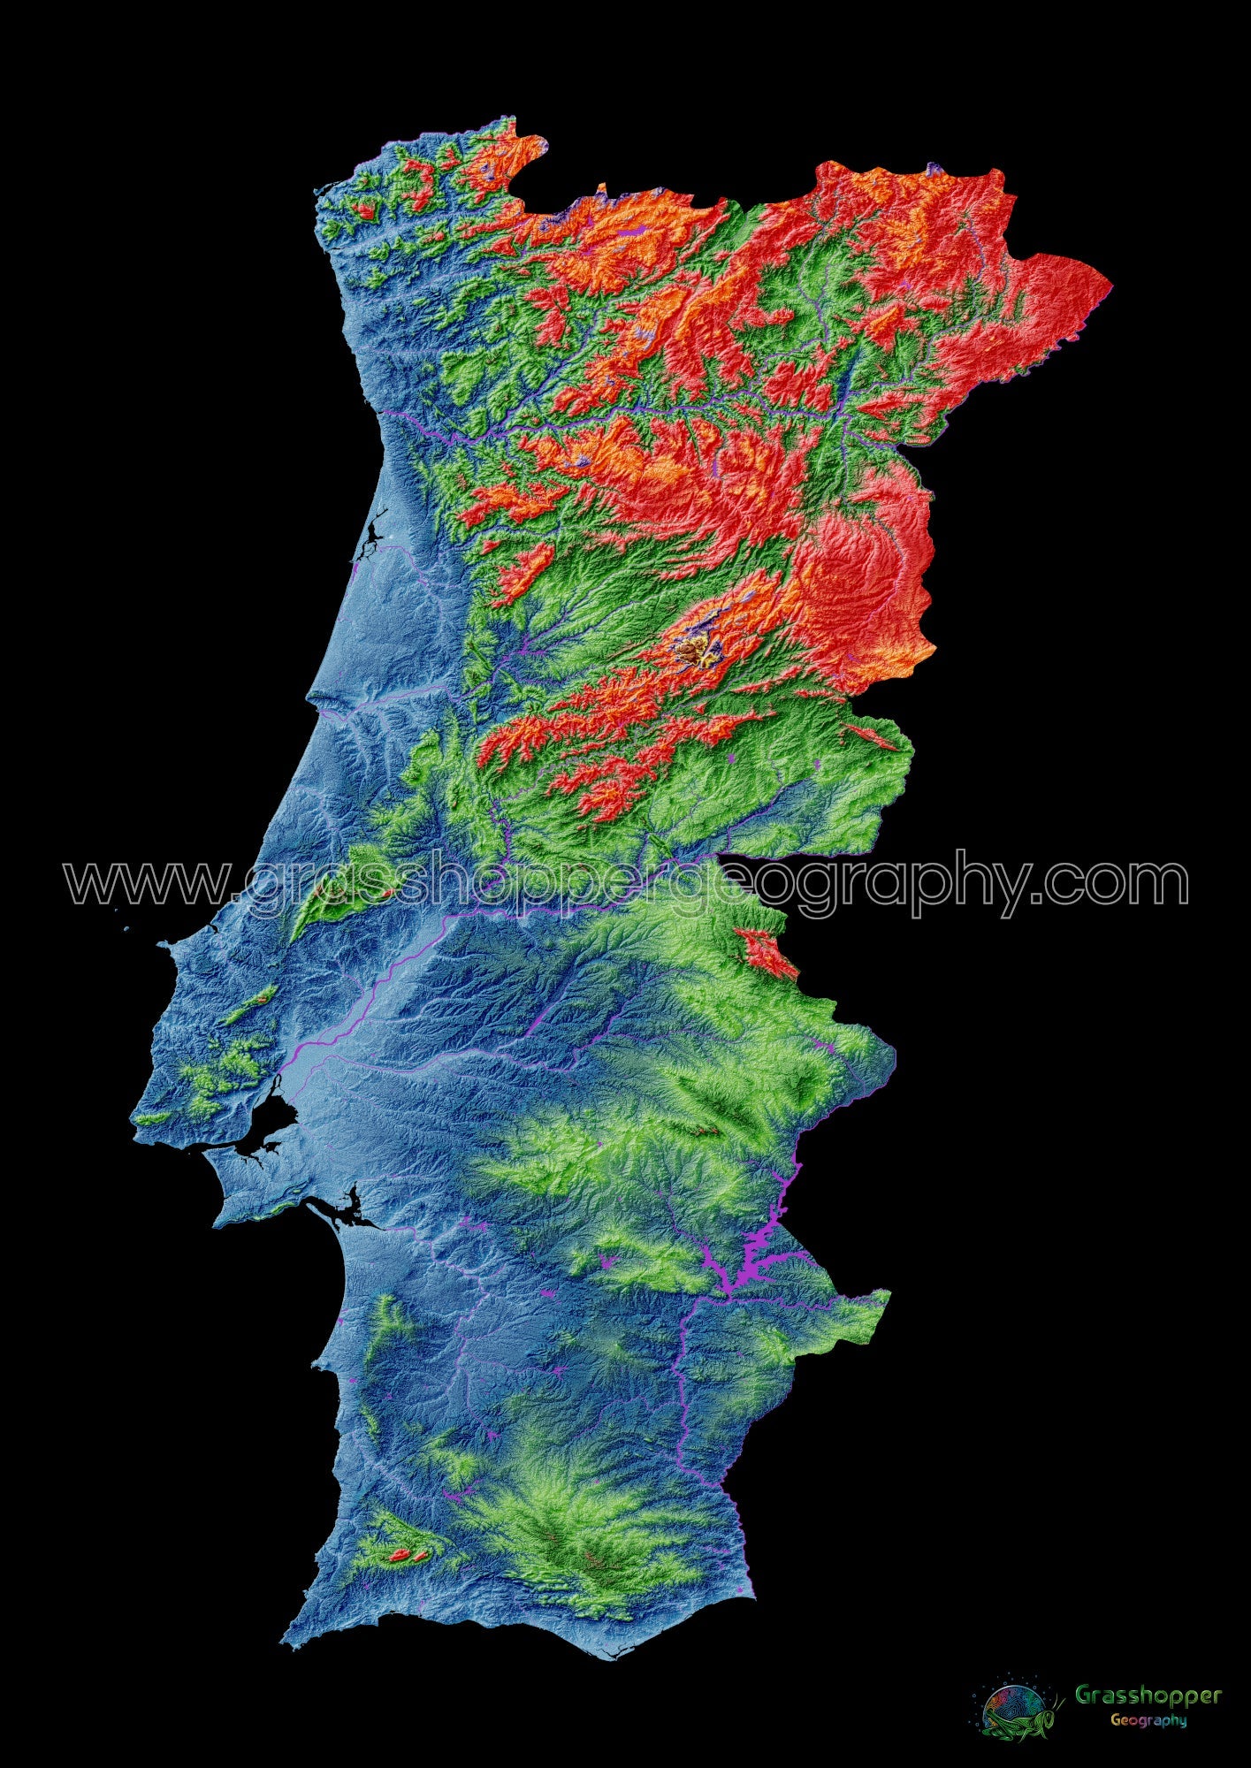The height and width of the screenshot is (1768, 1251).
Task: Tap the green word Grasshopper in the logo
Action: point(1148,1695)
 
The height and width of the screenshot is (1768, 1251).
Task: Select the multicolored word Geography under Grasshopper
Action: point(1148,1720)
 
